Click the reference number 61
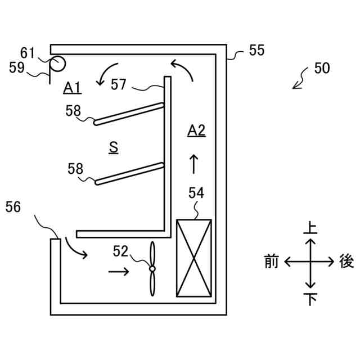tap(28, 54)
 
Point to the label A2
tap(196, 131)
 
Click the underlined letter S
tap(114, 147)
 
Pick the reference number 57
tap(119, 84)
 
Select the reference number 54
tap(196, 193)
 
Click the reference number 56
tap(13, 207)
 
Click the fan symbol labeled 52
tap(152, 269)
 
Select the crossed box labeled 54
tap(194, 258)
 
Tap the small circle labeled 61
tap(57, 64)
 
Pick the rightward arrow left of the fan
tap(118, 272)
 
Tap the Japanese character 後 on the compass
tap(346, 262)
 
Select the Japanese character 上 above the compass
tap(310, 228)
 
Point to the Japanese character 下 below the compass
tap(310, 299)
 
